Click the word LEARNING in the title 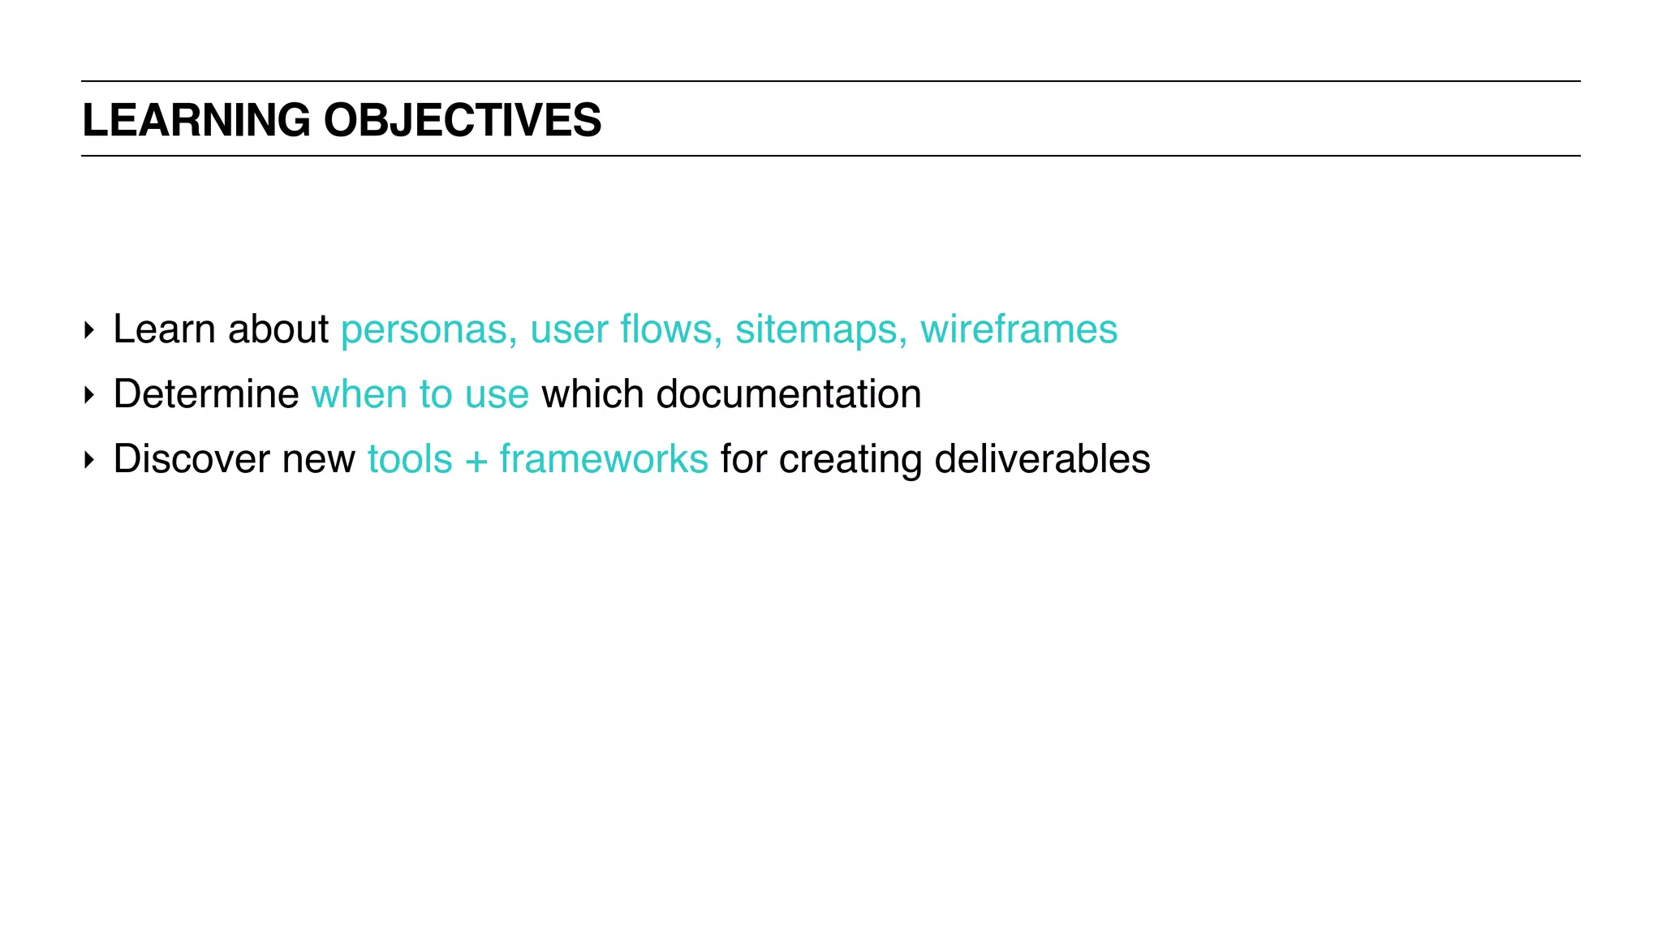[x=196, y=120]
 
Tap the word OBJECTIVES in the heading [x=463, y=120]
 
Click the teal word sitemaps [x=820, y=329]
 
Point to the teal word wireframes [x=1018, y=329]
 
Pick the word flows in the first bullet [x=670, y=329]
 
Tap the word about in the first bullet [x=278, y=329]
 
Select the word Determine [x=206, y=394]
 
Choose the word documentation [x=788, y=394]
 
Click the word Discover [x=192, y=459]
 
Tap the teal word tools [x=410, y=459]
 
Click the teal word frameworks [x=604, y=459]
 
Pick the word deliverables [x=1042, y=459]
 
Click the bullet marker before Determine [x=89, y=396]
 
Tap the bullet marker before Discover [x=89, y=461]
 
